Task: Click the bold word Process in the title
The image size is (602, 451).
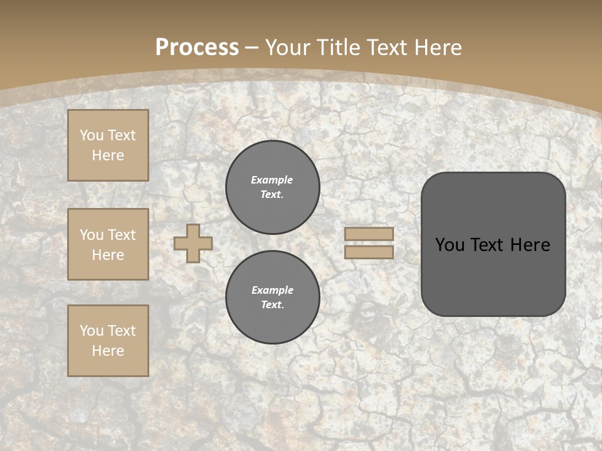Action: (197, 48)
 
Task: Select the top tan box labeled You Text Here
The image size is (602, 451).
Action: (108, 145)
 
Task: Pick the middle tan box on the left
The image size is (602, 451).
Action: (108, 244)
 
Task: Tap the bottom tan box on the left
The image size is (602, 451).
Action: (108, 341)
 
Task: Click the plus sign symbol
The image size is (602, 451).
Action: (193, 243)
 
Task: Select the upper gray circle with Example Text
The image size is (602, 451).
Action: (273, 187)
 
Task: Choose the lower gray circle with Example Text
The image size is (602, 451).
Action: (273, 298)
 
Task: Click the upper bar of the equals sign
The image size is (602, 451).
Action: (369, 234)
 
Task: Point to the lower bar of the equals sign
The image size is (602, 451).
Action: (369, 252)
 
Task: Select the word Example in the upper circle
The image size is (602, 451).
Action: (272, 180)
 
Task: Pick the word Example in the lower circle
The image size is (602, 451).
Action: (272, 290)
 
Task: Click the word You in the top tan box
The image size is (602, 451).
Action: (92, 135)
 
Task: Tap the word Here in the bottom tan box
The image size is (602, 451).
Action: (108, 351)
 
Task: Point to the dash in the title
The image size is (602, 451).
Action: (251, 48)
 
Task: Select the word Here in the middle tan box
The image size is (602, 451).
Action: (108, 255)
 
